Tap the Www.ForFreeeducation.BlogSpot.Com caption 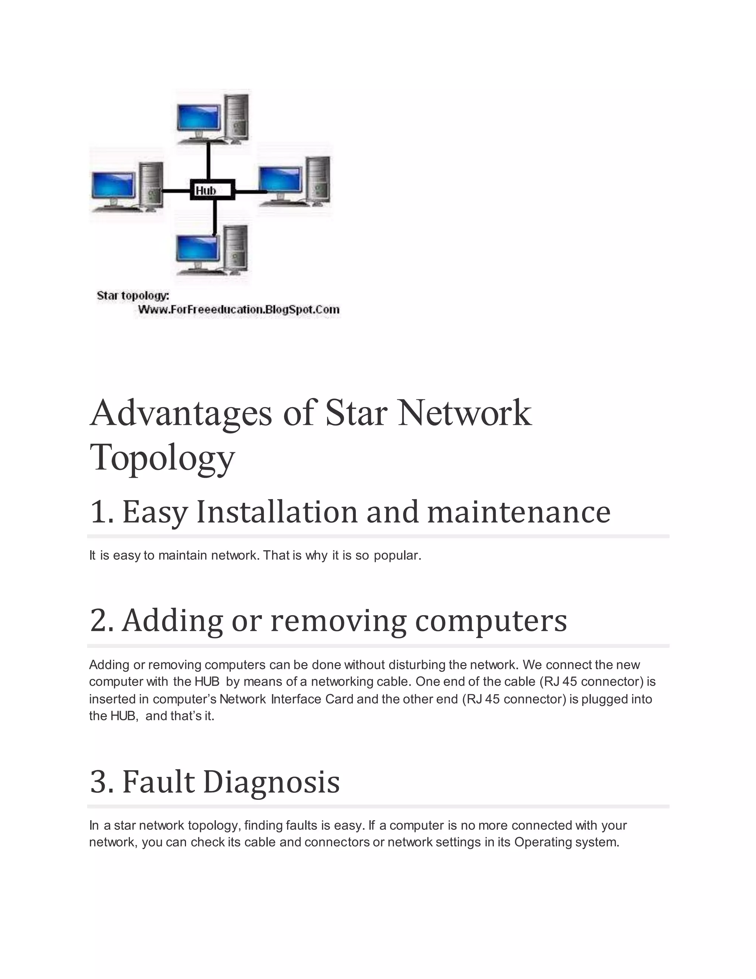pos(239,309)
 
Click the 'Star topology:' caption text pos(133,296)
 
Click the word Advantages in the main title pos(181,413)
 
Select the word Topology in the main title pos(162,458)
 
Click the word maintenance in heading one pos(519,512)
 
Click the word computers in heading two pos(491,621)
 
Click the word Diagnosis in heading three pos(271,782)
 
